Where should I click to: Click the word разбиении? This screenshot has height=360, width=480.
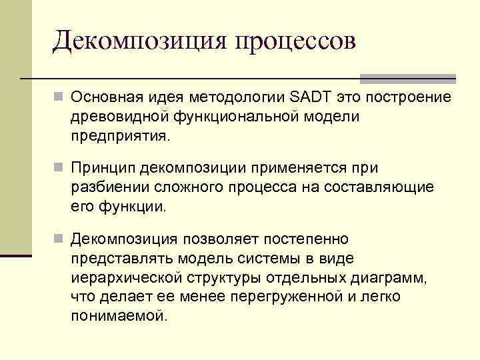pos(106,187)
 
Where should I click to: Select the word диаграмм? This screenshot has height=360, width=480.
pos(391,277)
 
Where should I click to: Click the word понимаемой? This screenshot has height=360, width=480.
pos(119,315)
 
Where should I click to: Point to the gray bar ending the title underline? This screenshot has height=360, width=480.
pos(407,79)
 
